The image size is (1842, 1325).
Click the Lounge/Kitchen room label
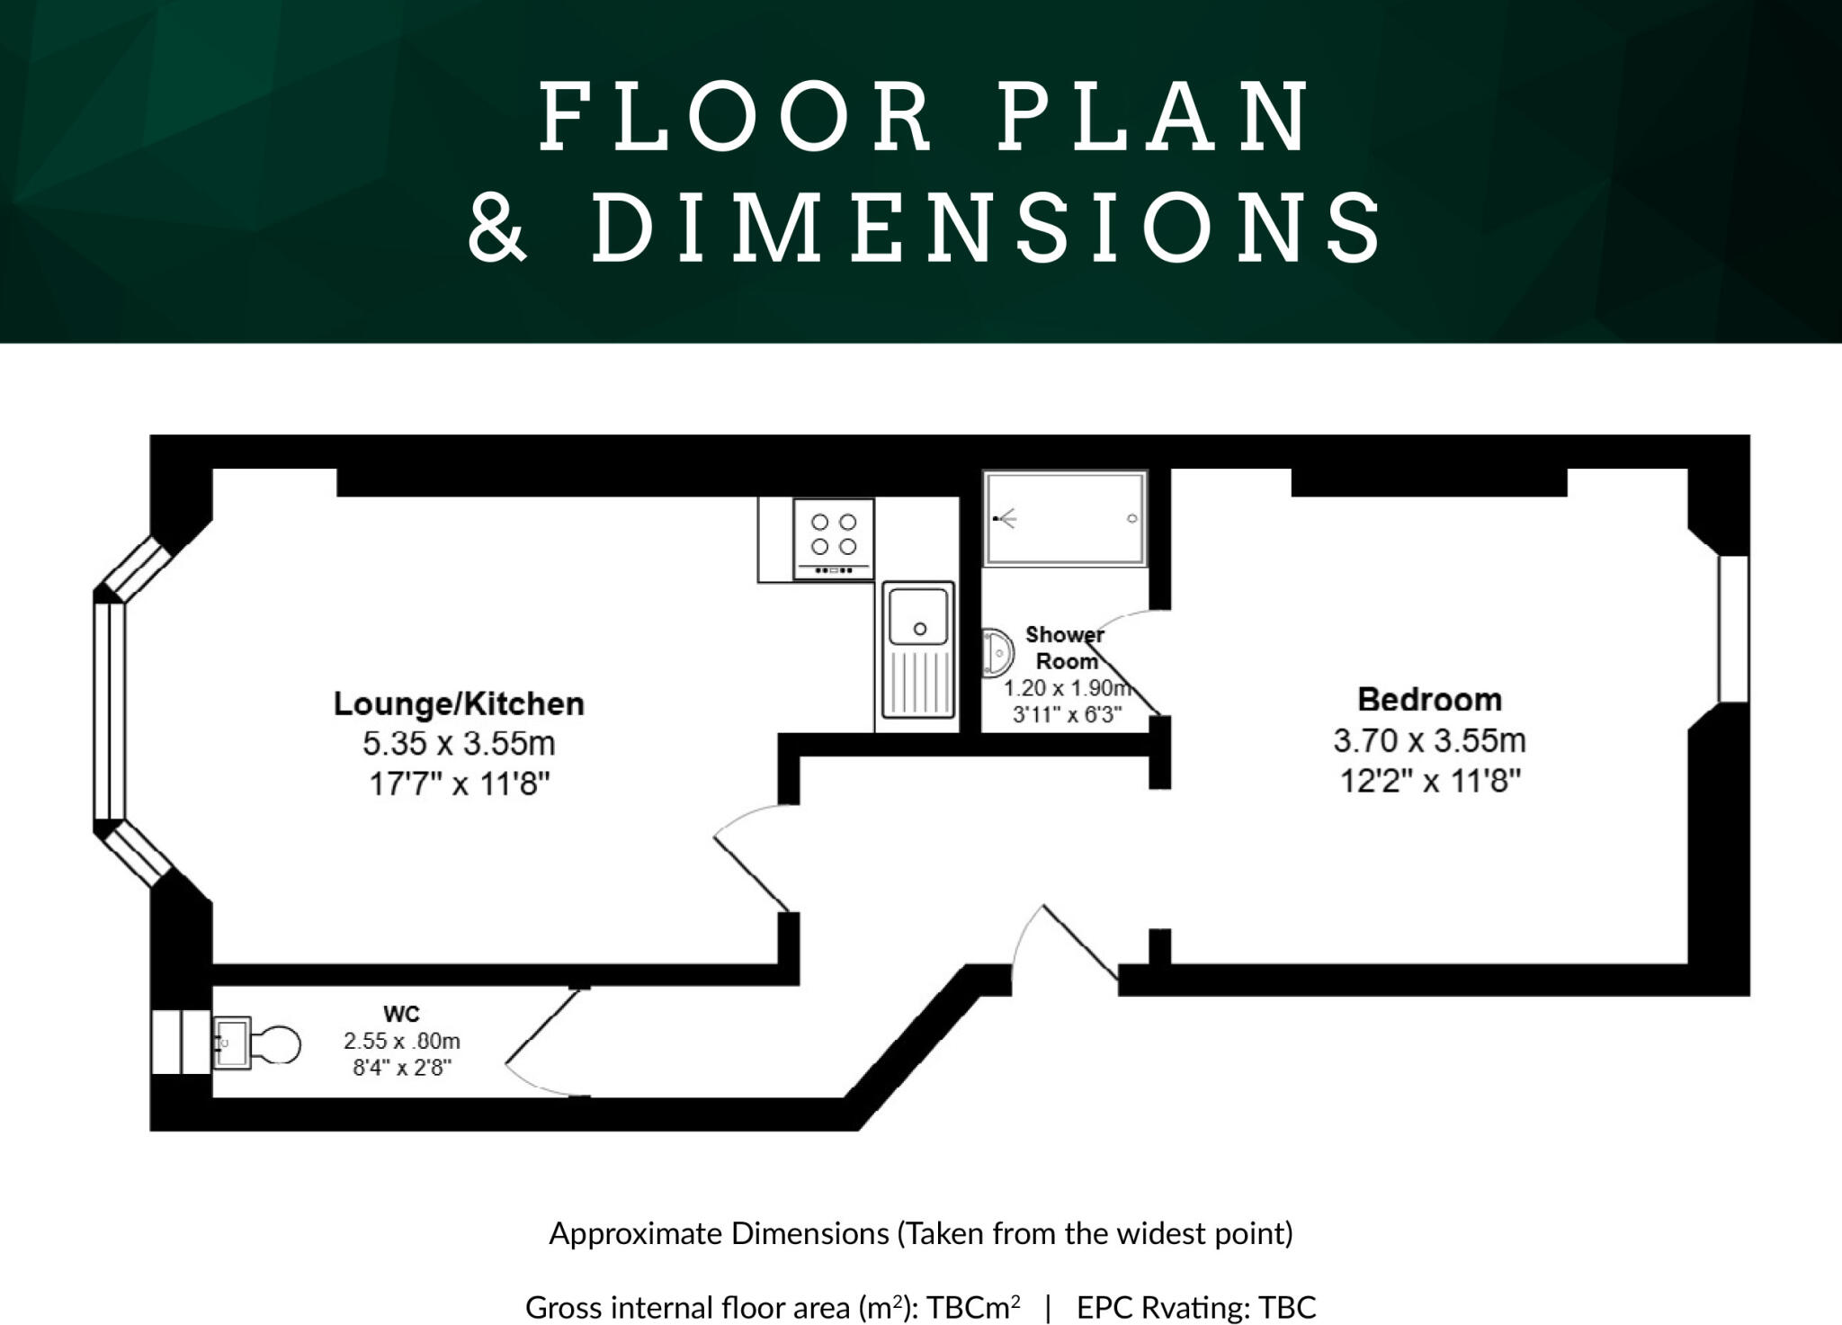click(x=459, y=703)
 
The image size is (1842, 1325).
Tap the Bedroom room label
click(x=1429, y=699)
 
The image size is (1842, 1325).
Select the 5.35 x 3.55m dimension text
click(x=459, y=744)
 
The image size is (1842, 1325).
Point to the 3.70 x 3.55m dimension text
click(x=1429, y=740)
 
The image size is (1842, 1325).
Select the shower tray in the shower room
click(x=1065, y=518)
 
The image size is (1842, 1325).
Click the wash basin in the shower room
click(x=997, y=651)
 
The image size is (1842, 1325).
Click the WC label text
click(x=401, y=1014)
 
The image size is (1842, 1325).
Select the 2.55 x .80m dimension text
click(x=401, y=1041)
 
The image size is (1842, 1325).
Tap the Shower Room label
click(x=1066, y=648)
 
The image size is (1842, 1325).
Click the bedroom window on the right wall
click(x=1733, y=629)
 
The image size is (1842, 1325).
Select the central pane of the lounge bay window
click(x=109, y=712)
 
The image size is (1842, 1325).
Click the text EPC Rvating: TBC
click(x=1196, y=1306)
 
